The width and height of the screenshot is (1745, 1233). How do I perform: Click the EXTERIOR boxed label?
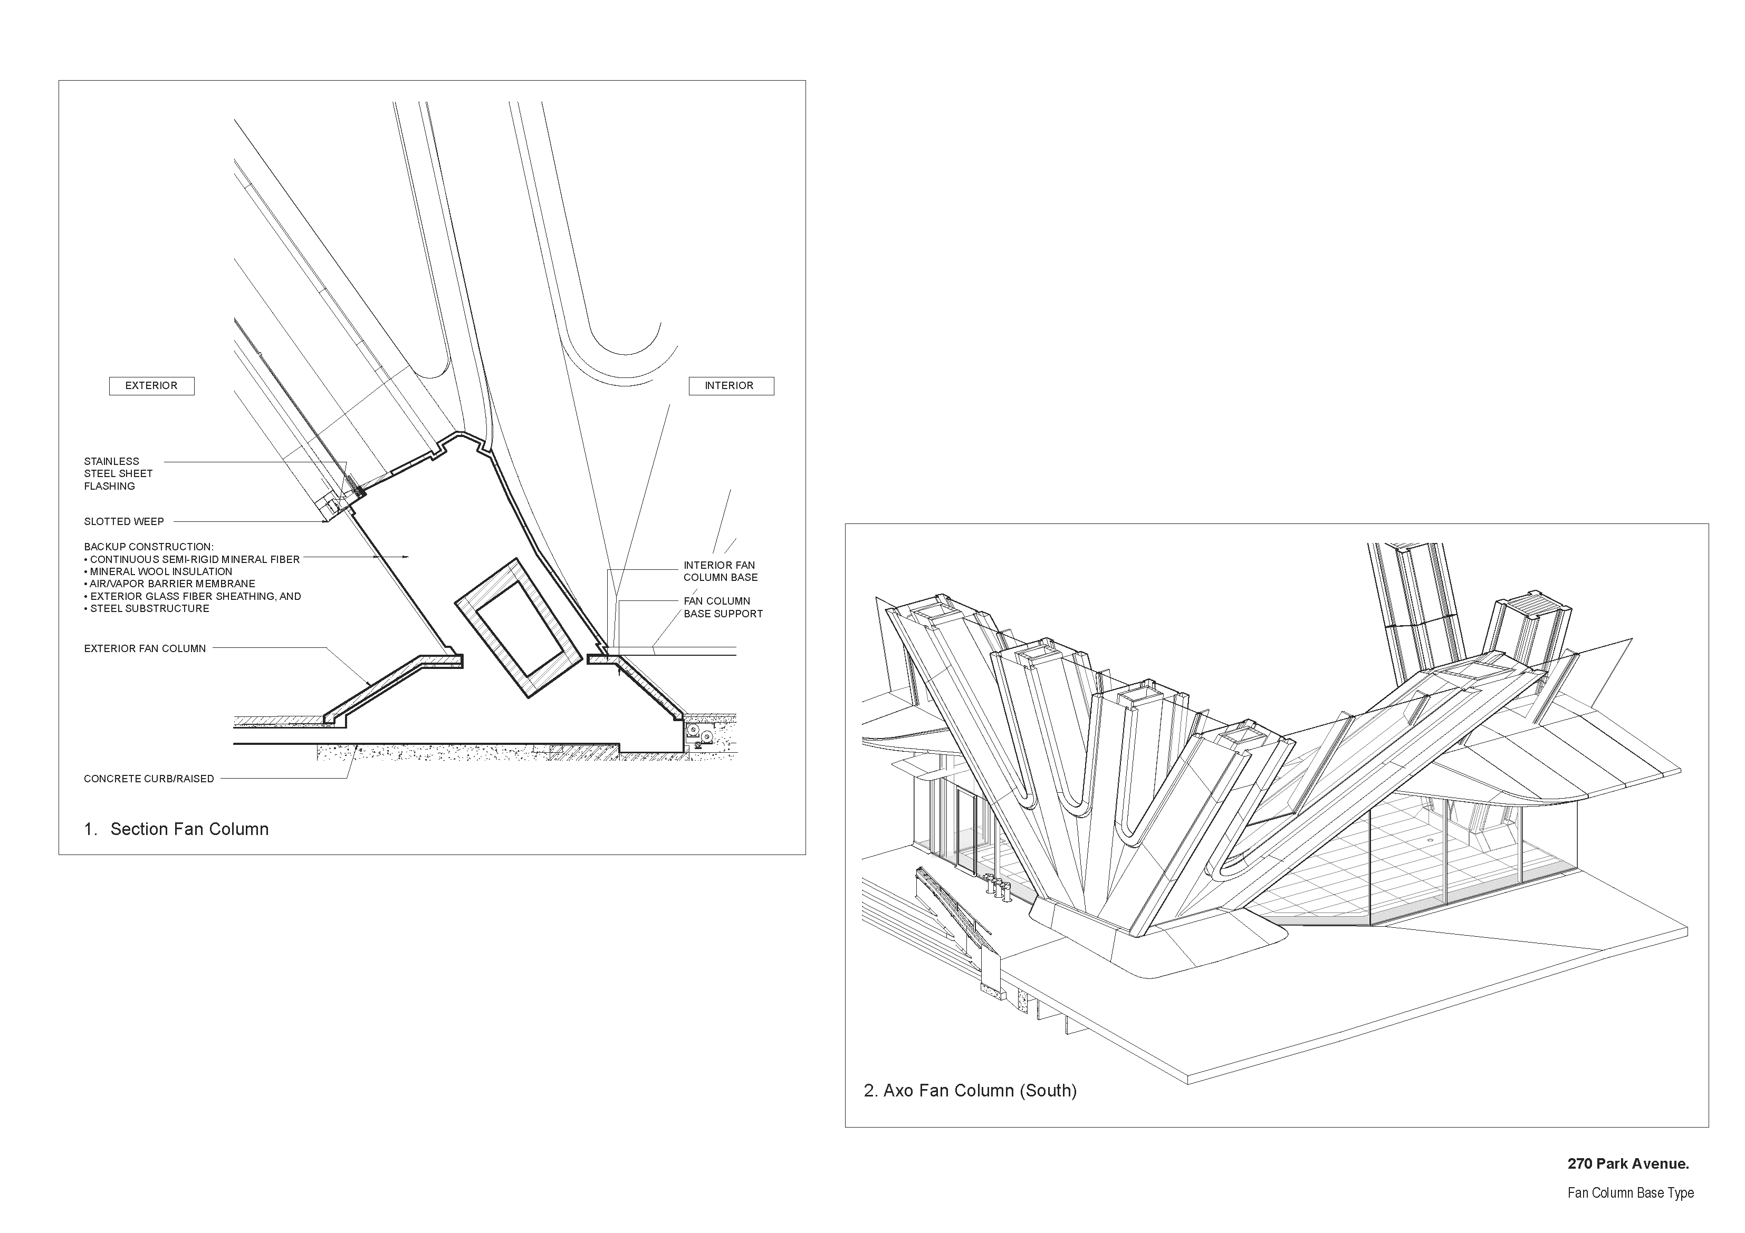(x=151, y=386)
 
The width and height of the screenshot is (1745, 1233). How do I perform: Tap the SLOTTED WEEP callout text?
(x=124, y=522)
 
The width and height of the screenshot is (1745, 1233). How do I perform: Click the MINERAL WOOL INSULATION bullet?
(x=161, y=572)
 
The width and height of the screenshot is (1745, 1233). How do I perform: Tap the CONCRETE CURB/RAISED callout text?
(x=149, y=779)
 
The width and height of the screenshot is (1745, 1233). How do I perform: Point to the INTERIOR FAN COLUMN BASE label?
(x=720, y=571)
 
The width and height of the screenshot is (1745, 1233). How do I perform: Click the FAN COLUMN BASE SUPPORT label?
(x=723, y=607)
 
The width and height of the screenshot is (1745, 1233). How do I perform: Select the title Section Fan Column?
(x=189, y=829)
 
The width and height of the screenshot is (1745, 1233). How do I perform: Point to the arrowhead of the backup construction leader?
(x=407, y=558)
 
